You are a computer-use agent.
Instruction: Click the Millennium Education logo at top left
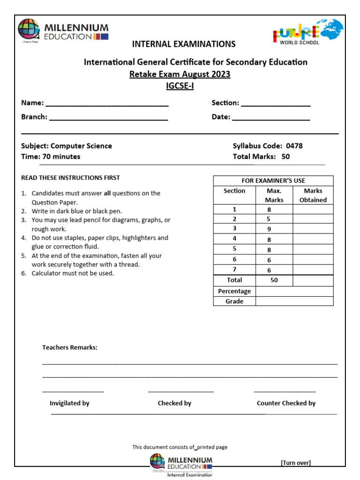[63, 31]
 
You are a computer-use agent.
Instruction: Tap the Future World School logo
[308, 32]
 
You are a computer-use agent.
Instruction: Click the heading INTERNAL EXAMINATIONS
[184, 44]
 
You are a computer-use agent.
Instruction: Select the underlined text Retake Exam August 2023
[180, 74]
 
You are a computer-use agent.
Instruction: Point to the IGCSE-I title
[180, 86]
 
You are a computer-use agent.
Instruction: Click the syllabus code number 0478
[294, 146]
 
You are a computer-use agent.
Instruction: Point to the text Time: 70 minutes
[51, 157]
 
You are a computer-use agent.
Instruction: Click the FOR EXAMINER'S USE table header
[273, 180]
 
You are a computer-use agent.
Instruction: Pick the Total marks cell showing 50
[274, 280]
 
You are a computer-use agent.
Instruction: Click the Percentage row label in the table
[234, 291]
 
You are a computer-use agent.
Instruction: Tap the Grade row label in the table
[234, 301]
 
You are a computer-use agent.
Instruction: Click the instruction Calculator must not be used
[73, 273]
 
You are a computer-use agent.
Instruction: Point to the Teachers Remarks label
[70, 347]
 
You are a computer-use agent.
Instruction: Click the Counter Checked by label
[286, 403]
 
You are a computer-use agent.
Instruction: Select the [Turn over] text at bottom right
[296, 463]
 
